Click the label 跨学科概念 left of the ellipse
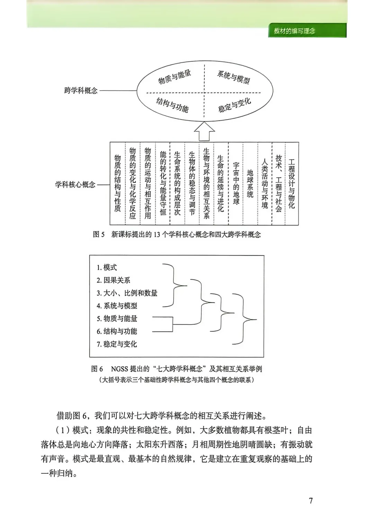(x=81, y=91)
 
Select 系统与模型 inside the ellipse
(x=233, y=77)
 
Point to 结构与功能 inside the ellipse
(x=172, y=105)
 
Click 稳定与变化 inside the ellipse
(x=234, y=105)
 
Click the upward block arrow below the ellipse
(x=204, y=131)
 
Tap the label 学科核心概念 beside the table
(x=75, y=184)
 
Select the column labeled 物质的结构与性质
(x=118, y=183)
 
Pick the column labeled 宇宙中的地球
(x=236, y=183)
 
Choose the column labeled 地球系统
(x=250, y=183)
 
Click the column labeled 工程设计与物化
(x=292, y=183)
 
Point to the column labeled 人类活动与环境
(x=265, y=183)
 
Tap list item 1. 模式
(x=107, y=267)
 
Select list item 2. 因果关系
(x=113, y=280)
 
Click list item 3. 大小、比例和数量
(x=127, y=293)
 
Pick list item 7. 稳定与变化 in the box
(x=117, y=344)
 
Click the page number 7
(x=311, y=500)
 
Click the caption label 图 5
(x=99, y=234)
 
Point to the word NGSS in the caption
(x=120, y=369)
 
